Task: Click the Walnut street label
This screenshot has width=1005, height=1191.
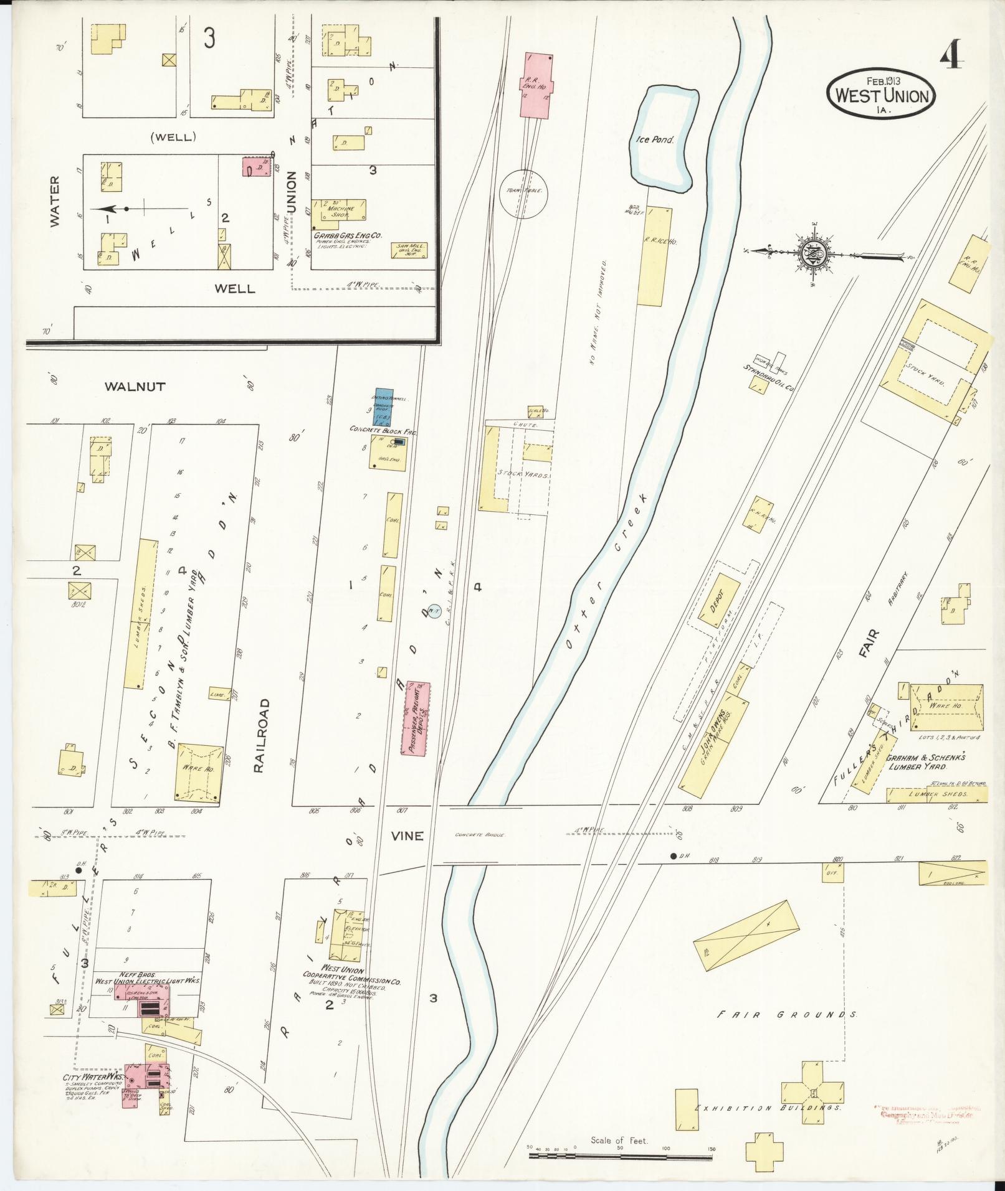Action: click(135, 387)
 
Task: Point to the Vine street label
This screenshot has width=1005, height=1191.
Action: click(407, 836)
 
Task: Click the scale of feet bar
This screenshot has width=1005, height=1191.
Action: click(620, 1156)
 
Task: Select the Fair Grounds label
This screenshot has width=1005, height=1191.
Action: click(787, 1014)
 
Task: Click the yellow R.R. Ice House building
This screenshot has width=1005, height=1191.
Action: click(654, 255)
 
